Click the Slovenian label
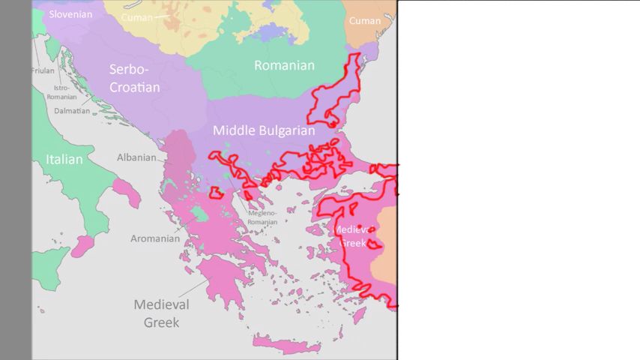point(70,14)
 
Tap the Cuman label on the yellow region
point(136,16)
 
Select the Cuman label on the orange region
point(365,21)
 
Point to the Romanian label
point(284,65)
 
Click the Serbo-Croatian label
point(135,78)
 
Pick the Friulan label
point(43,70)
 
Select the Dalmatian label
point(72,110)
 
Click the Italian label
point(64,159)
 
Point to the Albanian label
point(136,157)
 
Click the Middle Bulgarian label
point(264,130)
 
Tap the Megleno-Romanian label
point(262,217)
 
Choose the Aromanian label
point(155,238)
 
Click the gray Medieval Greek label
point(161,313)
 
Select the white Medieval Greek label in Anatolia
point(352,235)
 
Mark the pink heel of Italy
point(127,193)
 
